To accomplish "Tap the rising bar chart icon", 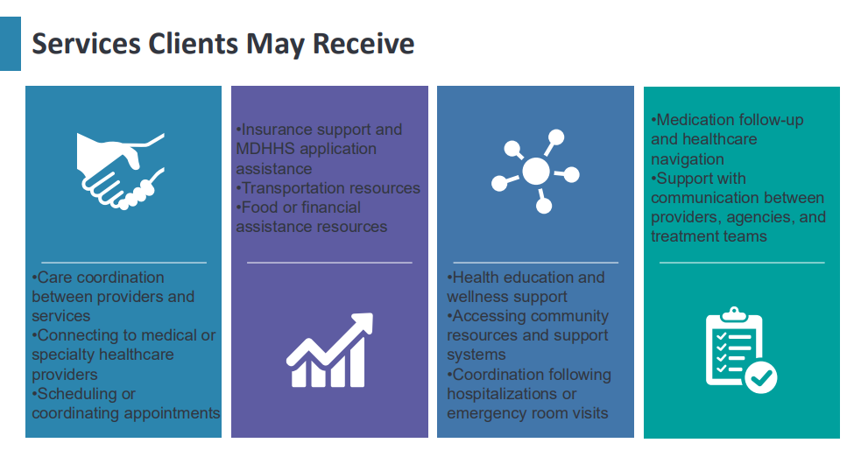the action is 329,350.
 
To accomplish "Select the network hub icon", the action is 535,172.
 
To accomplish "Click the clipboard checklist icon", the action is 741,350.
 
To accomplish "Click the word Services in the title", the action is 86,44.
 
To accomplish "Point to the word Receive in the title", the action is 363,44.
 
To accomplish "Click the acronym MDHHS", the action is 265,149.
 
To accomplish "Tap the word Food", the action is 260,207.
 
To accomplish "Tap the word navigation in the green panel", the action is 688,159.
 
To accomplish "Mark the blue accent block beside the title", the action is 11,44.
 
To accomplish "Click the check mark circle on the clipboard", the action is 762,377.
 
